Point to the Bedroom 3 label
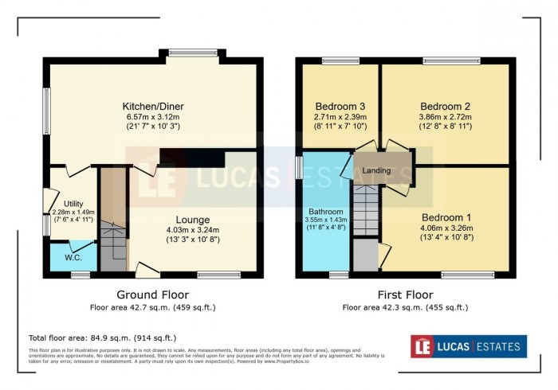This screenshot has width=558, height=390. click(340, 107)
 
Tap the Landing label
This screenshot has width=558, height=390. click(376, 171)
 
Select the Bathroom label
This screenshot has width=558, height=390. click(325, 212)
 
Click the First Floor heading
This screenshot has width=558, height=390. click(405, 294)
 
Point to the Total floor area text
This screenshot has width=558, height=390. click(102, 337)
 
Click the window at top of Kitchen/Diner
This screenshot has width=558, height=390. click(193, 54)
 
